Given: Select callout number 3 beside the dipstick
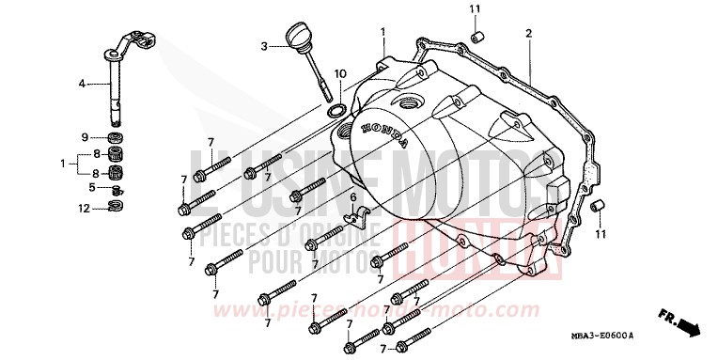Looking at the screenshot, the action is point(265,45).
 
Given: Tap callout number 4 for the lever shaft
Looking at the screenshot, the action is point(82,84).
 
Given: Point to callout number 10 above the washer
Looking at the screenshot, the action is point(340,72).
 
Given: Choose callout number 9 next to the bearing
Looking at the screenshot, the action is point(84,137).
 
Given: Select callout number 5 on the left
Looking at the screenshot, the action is point(91,187).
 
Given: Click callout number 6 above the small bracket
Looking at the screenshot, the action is point(354,198).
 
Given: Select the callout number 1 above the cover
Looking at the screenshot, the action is point(383,33).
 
